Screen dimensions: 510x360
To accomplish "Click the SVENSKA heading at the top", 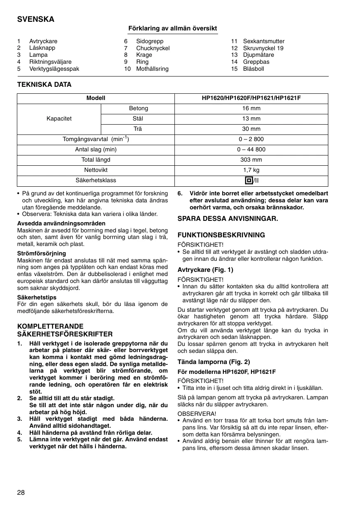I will (x=35, y=19).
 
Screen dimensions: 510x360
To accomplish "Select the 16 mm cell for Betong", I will (x=251, y=109).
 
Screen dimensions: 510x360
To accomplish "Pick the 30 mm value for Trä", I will (x=251, y=129).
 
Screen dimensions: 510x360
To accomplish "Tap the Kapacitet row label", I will (x=59, y=119).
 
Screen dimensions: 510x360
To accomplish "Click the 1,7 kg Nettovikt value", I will (x=251, y=170).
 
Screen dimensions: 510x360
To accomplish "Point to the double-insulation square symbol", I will (x=248, y=181).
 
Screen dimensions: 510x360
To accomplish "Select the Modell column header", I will (x=95, y=98).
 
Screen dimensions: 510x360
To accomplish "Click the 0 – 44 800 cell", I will (x=251, y=150).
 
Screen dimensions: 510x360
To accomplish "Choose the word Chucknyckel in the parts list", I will (x=153, y=48).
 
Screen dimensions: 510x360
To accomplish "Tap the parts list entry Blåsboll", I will (x=253, y=69).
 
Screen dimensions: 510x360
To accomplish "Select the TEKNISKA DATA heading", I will (x=44, y=84).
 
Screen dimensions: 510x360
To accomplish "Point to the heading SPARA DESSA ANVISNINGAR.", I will (x=228, y=219).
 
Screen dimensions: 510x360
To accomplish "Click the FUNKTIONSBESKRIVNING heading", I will (x=221, y=235).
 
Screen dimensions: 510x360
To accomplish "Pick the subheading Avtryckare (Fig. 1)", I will (x=205, y=270).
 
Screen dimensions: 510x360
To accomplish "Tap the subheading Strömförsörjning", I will (x=41, y=253).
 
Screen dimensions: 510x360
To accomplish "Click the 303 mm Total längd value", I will (x=251, y=160).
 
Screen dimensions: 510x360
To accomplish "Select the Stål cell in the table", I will (x=138, y=119).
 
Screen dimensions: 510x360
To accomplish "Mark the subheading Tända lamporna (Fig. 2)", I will (x=214, y=362).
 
